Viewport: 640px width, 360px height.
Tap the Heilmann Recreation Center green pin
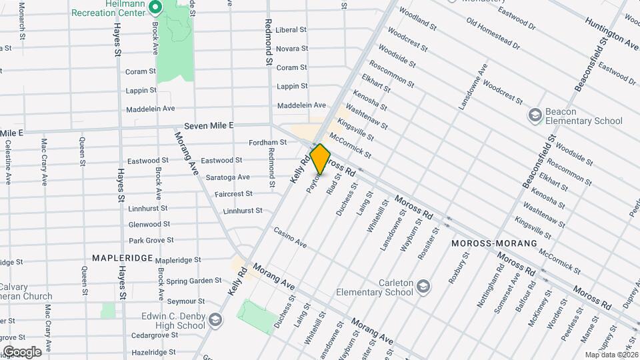click(155, 8)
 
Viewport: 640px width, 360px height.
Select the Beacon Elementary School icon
click(535, 115)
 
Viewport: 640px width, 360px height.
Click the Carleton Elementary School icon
click(423, 287)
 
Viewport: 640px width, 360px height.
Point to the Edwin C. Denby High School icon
click(215, 319)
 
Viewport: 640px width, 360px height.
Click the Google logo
click(22, 352)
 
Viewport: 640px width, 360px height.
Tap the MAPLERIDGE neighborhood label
click(123, 257)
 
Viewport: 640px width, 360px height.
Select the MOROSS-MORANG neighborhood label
click(494, 243)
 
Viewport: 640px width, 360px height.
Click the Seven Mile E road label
click(209, 125)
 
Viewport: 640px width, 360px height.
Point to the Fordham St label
click(267, 142)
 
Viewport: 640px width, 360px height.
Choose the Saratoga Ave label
click(227, 177)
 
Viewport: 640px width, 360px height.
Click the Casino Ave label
click(290, 238)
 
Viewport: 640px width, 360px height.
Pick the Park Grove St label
click(151, 240)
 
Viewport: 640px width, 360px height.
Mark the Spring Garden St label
click(194, 281)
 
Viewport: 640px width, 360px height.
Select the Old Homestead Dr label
click(493, 35)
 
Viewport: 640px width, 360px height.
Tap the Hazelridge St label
click(153, 351)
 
